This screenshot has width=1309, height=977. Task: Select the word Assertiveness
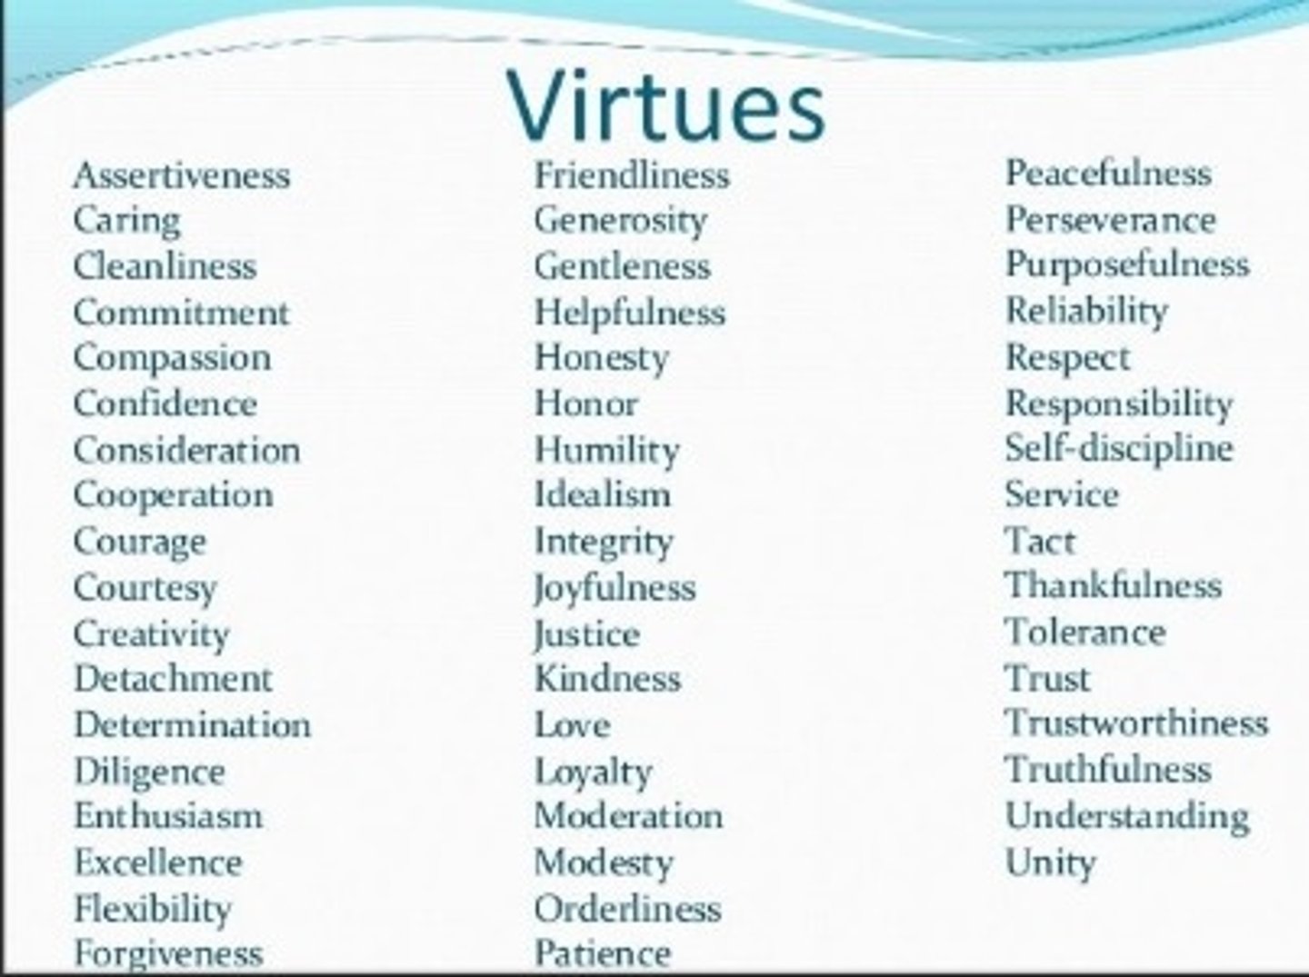(x=182, y=175)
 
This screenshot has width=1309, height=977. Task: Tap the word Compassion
(x=172, y=358)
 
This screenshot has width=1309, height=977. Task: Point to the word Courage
(x=140, y=542)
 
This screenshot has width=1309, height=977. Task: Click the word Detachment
(x=173, y=679)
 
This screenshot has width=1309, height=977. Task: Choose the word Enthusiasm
(x=168, y=816)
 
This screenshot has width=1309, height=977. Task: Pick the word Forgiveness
(x=168, y=953)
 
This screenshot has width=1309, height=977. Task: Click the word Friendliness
(x=632, y=175)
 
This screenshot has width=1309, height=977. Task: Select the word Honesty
(x=601, y=358)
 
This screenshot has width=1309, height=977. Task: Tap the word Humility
(x=606, y=450)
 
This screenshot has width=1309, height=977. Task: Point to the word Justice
(x=587, y=633)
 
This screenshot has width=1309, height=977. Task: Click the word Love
(x=572, y=725)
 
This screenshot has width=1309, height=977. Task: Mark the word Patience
(x=603, y=953)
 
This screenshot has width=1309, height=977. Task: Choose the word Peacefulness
(x=1108, y=174)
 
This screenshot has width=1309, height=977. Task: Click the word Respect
(x=1067, y=357)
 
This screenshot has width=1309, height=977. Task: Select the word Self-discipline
(x=1119, y=448)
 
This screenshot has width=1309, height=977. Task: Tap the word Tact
(x=1040, y=541)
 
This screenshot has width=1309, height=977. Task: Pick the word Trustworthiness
(x=1136, y=723)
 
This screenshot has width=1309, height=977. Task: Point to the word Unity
(x=1050, y=862)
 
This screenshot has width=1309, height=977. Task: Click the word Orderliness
(x=628, y=908)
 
